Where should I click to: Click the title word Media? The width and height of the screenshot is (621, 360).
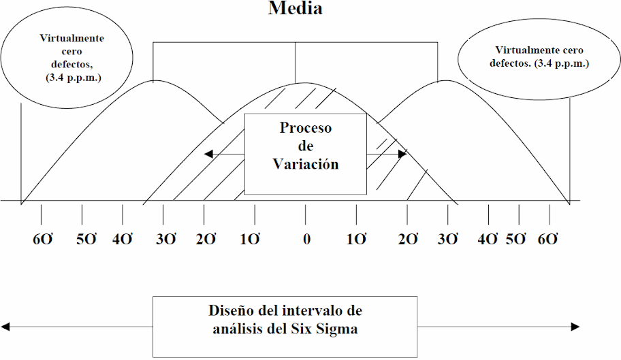pyautogui.click(x=295, y=8)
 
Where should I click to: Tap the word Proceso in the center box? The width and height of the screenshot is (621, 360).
pyautogui.click(x=306, y=128)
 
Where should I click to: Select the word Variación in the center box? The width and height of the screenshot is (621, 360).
pyautogui.click(x=306, y=164)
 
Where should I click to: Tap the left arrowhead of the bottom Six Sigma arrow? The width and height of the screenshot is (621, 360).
pyautogui.click(x=5, y=327)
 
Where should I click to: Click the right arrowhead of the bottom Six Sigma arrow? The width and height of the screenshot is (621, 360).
pyautogui.click(x=576, y=327)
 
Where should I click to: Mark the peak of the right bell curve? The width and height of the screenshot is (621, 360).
pyautogui.click(x=445, y=80)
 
